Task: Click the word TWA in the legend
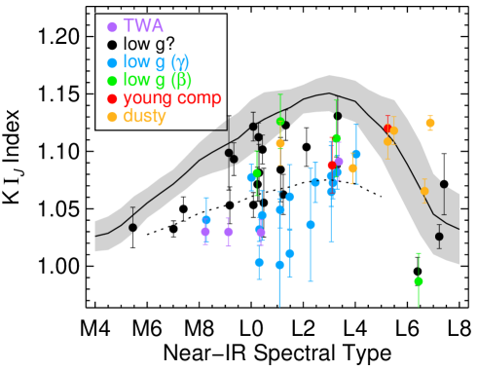(x=143, y=26)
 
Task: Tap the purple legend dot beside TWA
(x=112, y=27)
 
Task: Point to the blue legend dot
(x=112, y=62)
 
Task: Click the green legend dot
(x=112, y=81)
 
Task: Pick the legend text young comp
(x=171, y=98)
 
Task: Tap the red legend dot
(x=112, y=99)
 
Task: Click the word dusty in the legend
(x=144, y=117)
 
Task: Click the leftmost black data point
(x=132, y=227)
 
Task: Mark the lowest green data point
(x=419, y=280)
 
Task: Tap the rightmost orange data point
(x=429, y=123)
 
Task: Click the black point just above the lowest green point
(x=439, y=236)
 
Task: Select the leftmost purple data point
(x=205, y=232)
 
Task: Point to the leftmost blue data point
(x=205, y=219)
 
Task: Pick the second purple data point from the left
(x=228, y=232)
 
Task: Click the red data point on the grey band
(x=387, y=128)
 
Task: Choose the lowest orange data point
(x=424, y=191)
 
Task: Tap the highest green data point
(x=280, y=121)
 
